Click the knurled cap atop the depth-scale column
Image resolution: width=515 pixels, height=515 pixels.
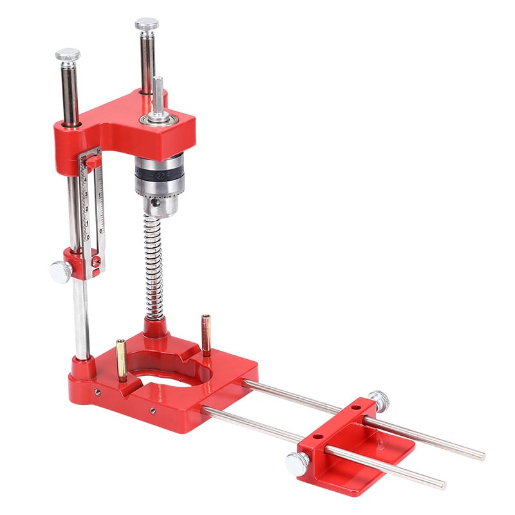[x=68, y=55]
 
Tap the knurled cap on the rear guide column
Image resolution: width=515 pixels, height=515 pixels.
[x=147, y=24]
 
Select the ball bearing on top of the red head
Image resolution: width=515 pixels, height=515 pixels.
[x=157, y=118]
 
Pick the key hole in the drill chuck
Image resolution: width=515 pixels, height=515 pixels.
[x=155, y=203]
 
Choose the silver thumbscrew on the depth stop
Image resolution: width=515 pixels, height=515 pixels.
[x=61, y=272]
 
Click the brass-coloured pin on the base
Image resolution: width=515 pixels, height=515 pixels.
[x=121, y=359]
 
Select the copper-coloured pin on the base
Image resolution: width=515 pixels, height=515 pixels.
[x=206, y=333]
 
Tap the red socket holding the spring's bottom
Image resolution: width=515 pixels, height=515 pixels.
[x=156, y=328]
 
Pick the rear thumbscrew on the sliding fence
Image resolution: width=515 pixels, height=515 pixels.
[x=379, y=400]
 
